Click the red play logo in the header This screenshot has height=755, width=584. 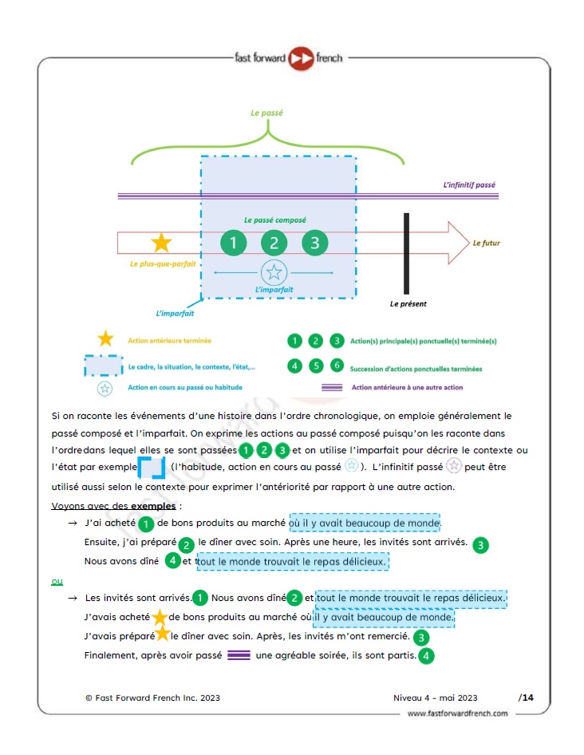click(x=301, y=59)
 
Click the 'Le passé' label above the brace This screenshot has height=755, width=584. click(x=266, y=113)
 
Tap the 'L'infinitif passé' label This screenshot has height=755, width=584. click(x=469, y=185)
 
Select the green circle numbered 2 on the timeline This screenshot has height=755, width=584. click(x=274, y=243)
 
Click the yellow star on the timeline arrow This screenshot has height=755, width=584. click(x=161, y=243)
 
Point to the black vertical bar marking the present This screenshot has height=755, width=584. click(x=406, y=253)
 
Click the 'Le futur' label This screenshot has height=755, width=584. click(x=486, y=243)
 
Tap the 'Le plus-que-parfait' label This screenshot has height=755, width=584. click(x=163, y=264)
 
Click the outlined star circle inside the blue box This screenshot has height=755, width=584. click(x=274, y=272)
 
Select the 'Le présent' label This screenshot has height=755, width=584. click(x=408, y=304)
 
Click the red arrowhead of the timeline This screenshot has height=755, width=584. click(x=458, y=243)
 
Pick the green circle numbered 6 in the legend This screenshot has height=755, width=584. click(x=337, y=366)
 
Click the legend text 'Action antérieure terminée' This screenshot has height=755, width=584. click(x=169, y=341)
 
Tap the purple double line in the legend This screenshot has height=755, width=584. click(x=332, y=387)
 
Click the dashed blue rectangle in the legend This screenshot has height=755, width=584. click(x=104, y=366)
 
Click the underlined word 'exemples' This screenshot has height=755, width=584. click(x=153, y=506)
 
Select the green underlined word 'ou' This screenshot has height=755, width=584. click(x=57, y=582)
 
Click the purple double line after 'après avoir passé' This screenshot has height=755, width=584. click(x=239, y=655)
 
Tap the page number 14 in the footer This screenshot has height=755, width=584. click(x=527, y=698)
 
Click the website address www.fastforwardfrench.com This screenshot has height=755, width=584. click(x=457, y=713)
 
